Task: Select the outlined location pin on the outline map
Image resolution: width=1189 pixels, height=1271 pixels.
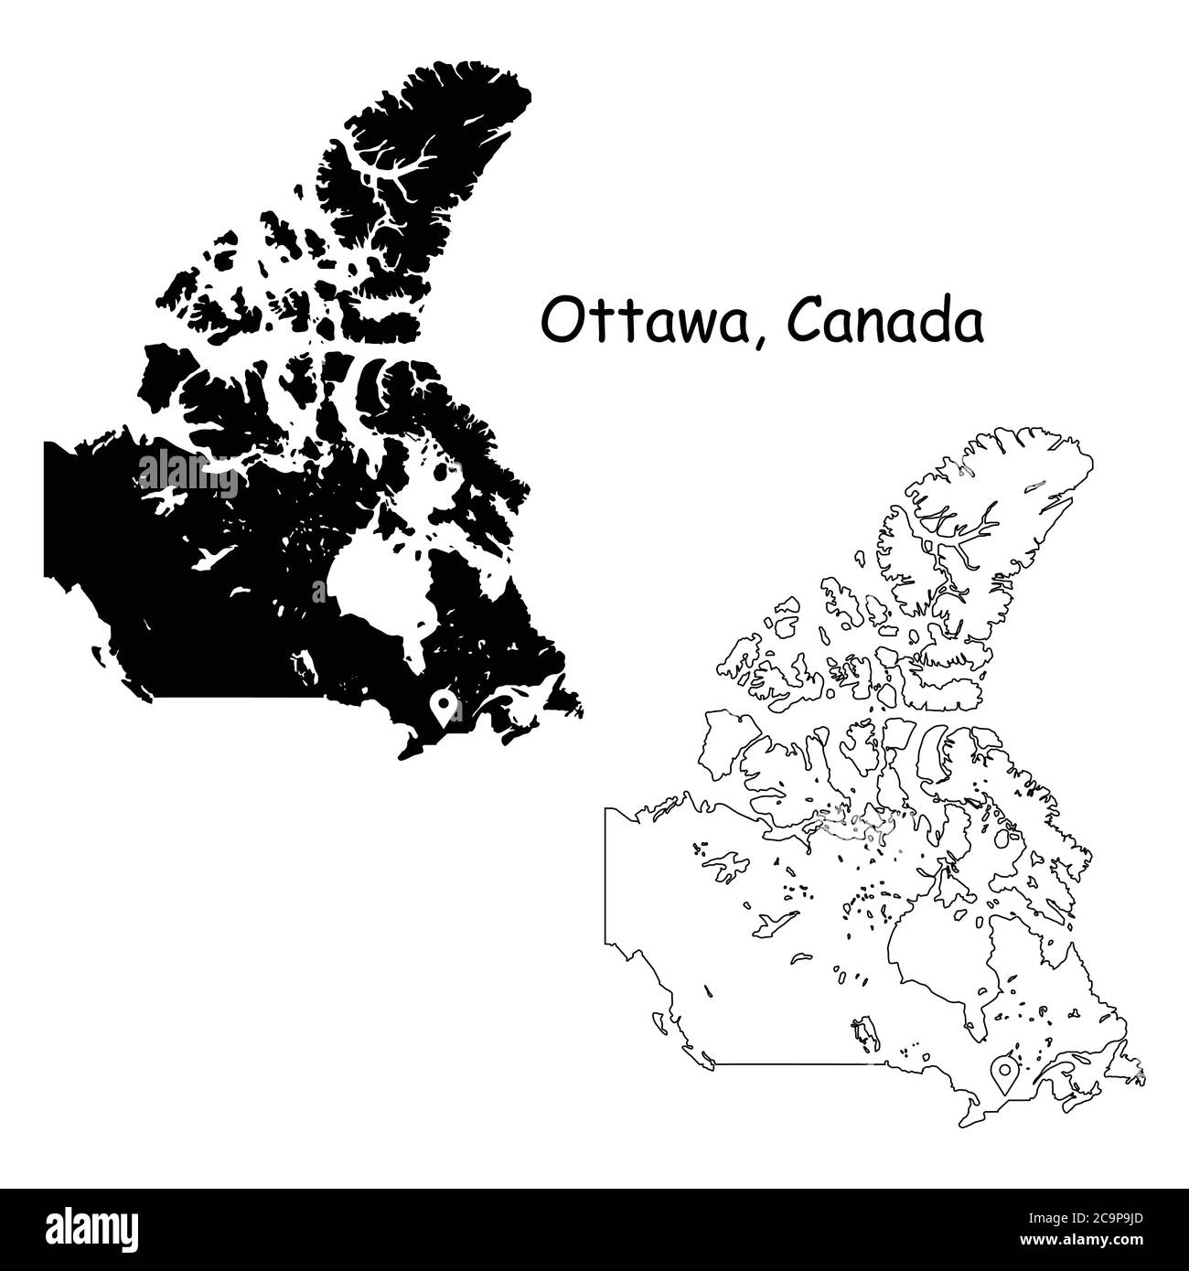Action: tap(1004, 1072)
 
